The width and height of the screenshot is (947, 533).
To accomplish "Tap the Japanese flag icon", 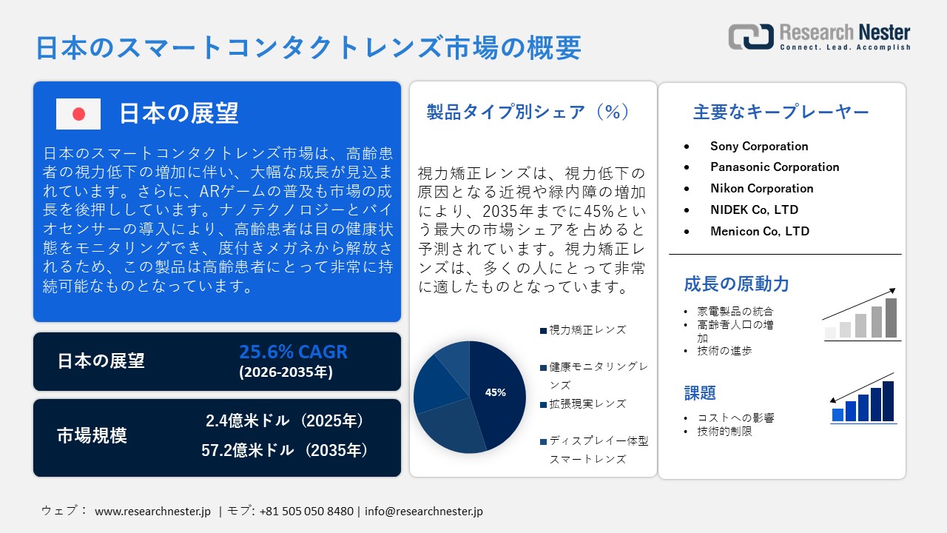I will click(x=78, y=113).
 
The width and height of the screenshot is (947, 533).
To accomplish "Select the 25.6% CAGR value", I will click(x=293, y=352).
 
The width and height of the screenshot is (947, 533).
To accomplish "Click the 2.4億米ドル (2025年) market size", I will click(x=285, y=421).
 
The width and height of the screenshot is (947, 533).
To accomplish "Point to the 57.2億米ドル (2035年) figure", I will click(x=285, y=449).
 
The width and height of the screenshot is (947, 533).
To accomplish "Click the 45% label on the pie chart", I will click(x=495, y=392).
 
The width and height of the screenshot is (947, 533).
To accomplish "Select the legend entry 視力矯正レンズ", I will click(x=587, y=330).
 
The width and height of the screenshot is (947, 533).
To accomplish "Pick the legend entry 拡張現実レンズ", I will click(x=587, y=404).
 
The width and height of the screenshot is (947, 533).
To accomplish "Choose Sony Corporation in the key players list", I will click(x=759, y=146).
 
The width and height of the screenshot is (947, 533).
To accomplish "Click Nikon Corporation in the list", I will click(x=761, y=188).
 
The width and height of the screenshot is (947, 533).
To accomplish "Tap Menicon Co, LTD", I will click(x=760, y=231).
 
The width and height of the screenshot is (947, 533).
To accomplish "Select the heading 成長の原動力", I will click(x=736, y=284).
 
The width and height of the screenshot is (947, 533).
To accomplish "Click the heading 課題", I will click(x=700, y=393).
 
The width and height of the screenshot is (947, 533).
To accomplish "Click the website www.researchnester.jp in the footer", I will click(x=153, y=511).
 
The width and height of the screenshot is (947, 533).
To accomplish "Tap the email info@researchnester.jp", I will click(x=424, y=511).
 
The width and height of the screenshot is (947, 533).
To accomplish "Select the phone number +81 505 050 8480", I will click(x=306, y=511).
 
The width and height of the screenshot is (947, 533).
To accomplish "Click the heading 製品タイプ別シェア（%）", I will click(x=528, y=112).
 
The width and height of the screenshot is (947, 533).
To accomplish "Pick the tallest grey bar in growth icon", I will click(x=891, y=318).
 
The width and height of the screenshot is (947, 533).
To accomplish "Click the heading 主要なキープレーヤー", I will click(x=781, y=112).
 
